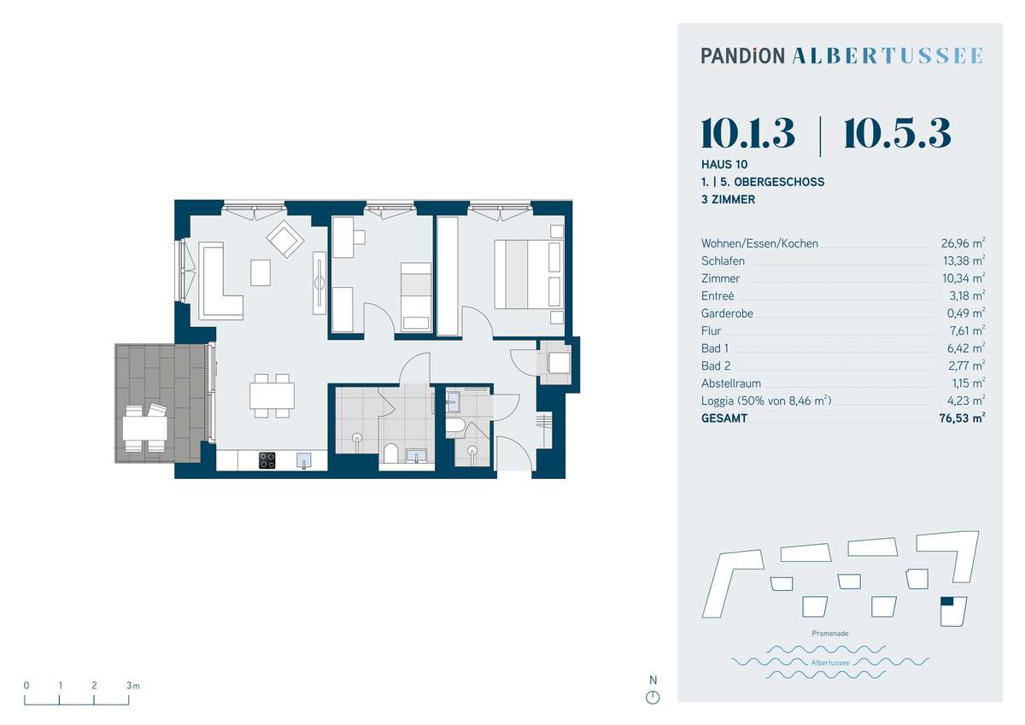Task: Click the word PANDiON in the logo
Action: click(742, 56)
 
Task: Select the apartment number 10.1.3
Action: click(747, 133)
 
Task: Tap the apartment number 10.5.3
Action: click(898, 133)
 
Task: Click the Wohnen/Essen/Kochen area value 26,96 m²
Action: click(963, 243)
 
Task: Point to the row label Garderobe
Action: click(727, 313)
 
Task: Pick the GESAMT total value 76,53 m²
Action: click(962, 418)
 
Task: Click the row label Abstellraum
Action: click(731, 383)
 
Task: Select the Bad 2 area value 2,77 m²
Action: click(965, 366)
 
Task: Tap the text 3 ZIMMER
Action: click(728, 200)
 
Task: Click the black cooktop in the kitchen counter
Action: click(267, 460)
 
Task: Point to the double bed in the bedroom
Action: click(529, 274)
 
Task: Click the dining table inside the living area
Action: click(272, 395)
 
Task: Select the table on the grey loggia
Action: click(144, 428)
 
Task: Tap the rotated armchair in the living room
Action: click(285, 239)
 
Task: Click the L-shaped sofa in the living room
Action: click(220, 281)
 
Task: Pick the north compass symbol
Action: click(653, 698)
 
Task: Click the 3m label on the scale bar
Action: click(133, 686)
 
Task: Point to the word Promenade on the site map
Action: click(830, 634)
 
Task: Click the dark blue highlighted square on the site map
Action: click(946, 601)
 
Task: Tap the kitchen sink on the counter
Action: click(304, 459)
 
